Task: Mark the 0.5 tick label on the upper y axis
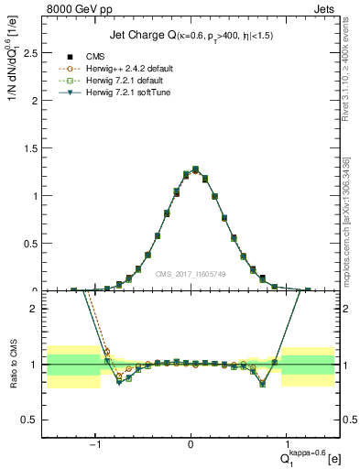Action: [29, 244]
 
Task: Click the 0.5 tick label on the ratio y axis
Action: [29, 420]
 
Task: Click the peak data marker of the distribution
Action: [195, 169]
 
